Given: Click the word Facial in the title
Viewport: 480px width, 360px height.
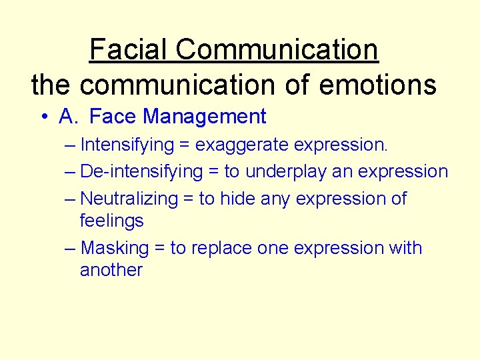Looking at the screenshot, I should point(129,49).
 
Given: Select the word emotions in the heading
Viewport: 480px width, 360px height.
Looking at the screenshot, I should point(379,85).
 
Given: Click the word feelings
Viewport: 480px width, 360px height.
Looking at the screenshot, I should point(111,221).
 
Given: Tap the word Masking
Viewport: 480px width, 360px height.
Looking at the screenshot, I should point(114,248).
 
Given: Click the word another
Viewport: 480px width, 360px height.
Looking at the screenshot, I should point(111,270).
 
